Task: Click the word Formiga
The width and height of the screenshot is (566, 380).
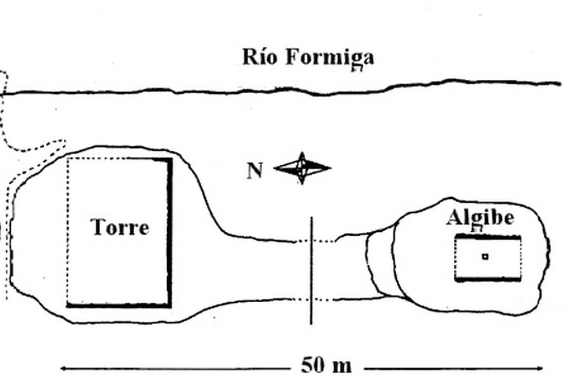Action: tap(329, 57)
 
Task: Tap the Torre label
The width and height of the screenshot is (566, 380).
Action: tap(120, 227)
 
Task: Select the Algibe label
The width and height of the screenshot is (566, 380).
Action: tap(480, 218)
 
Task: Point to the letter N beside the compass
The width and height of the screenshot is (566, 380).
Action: tap(255, 170)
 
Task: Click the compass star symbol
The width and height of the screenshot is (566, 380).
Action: tap(302, 168)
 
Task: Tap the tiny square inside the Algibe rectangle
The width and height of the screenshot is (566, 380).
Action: tap(485, 256)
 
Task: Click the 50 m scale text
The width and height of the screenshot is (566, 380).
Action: tap(326, 366)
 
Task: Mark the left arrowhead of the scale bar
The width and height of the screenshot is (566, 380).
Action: tap(63, 368)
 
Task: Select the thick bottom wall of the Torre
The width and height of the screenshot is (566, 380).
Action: tap(118, 305)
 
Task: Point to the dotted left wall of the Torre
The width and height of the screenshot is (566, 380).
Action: tap(68, 232)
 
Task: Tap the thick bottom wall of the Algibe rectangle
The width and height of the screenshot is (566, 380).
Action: tap(488, 279)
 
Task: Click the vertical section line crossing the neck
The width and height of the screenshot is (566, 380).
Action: tap(311, 270)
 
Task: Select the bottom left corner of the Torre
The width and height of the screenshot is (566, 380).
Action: tap(68, 305)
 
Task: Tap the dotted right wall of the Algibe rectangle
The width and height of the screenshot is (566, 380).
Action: tap(521, 258)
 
